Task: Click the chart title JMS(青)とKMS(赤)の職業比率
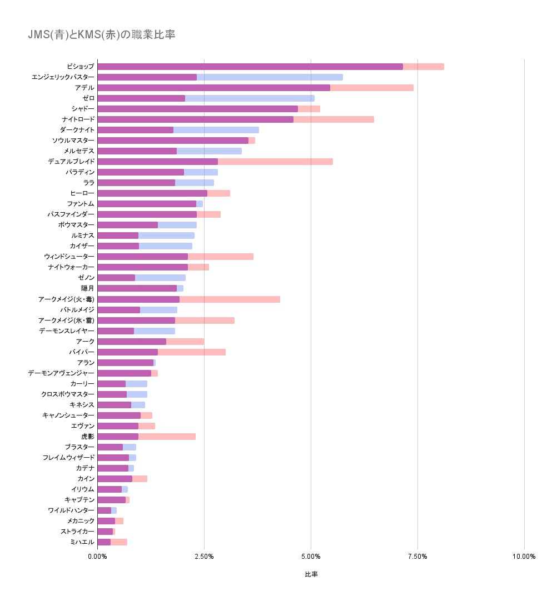tap(102, 35)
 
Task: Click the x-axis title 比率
tap(311, 574)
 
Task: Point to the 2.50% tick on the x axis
tap(204, 557)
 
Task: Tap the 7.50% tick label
tap(417, 557)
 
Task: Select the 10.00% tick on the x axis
tap(524, 557)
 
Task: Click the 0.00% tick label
tap(97, 557)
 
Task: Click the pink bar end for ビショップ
tap(424, 67)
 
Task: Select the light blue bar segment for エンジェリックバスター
tap(270, 77)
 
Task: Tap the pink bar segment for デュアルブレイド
tap(275, 162)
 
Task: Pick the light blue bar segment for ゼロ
tap(250, 98)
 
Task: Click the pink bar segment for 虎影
tap(167, 437)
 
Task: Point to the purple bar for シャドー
tap(197, 109)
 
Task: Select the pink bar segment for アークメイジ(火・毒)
tap(230, 299)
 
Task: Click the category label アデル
tap(84, 88)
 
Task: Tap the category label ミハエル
tap(82, 542)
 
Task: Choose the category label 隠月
tap(88, 288)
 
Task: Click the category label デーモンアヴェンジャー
tap(61, 373)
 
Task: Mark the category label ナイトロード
tap(78, 119)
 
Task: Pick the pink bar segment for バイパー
tap(192, 352)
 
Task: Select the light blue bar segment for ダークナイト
tap(216, 130)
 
